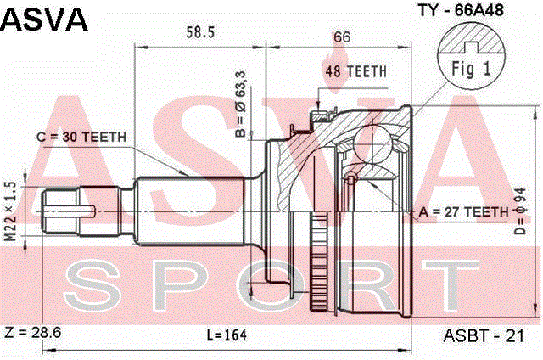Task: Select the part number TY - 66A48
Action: [461, 10]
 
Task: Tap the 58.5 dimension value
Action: [200, 32]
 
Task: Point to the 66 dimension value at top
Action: [342, 37]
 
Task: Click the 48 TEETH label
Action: [355, 71]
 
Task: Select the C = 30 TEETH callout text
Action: [81, 137]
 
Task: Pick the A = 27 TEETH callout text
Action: [464, 211]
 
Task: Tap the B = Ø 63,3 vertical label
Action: [240, 104]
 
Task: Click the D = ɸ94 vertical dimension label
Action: [520, 211]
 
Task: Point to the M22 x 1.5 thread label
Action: [10, 211]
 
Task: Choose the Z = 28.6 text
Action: [33, 332]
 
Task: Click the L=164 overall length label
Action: [227, 335]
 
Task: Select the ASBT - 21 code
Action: [484, 335]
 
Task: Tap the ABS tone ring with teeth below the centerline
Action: [319, 261]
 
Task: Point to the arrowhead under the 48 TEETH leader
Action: [319, 105]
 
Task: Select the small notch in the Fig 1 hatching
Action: [472, 47]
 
